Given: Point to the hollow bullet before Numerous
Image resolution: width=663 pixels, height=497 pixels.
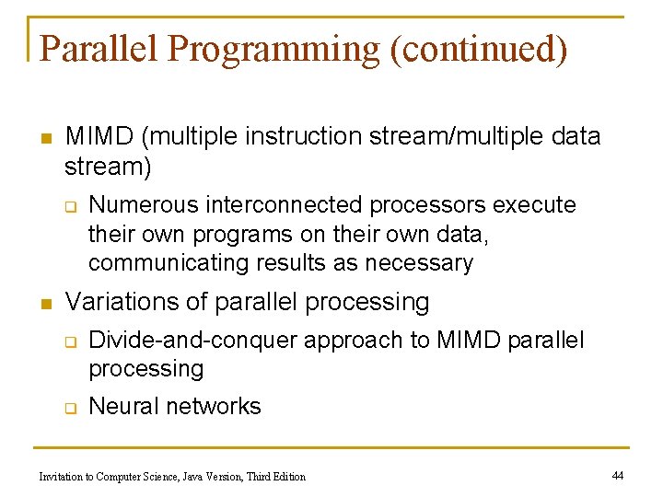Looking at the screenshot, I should coord(69,206).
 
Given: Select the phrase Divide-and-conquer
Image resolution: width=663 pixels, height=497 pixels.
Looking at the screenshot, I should coord(194,340).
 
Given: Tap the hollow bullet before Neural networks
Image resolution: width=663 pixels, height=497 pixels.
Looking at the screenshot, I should coord(69,408).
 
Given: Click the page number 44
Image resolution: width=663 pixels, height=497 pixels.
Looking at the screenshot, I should coord(618,475).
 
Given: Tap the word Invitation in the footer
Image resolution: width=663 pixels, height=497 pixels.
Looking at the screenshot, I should coord(62,477).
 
